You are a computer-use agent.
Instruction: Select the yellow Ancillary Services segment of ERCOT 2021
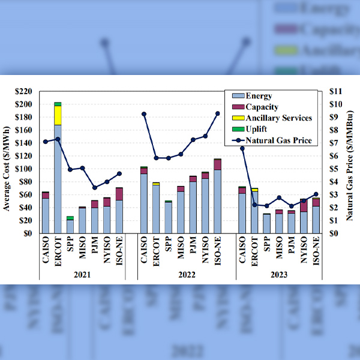pyautogui.click(x=58, y=115)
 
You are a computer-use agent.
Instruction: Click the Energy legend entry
pyautogui.click(x=259, y=96)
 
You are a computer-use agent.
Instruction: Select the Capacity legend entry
pyautogui.click(x=261, y=107)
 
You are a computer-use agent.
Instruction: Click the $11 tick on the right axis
pyautogui.click(x=336, y=91)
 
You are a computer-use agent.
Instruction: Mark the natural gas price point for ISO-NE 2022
pyautogui.click(x=217, y=113)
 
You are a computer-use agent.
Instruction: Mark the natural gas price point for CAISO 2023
pyautogui.click(x=242, y=148)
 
